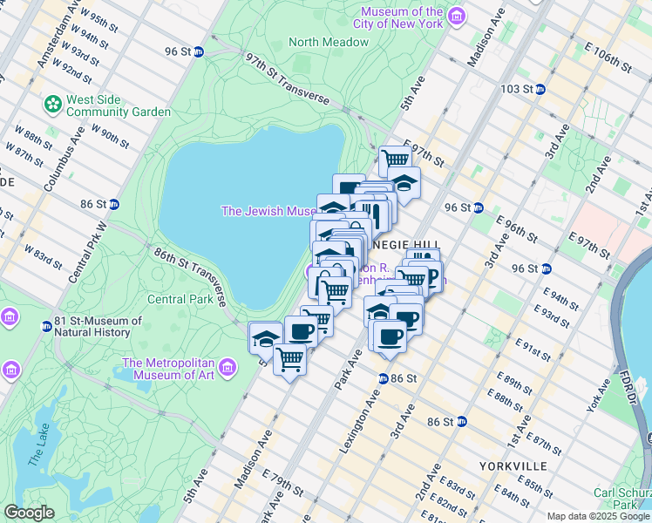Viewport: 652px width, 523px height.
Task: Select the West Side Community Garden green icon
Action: click(x=53, y=104)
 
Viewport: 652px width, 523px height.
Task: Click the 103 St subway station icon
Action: click(x=540, y=89)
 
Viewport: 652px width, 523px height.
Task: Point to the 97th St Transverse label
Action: click(x=287, y=79)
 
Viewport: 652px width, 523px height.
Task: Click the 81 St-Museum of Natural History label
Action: click(x=98, y=326)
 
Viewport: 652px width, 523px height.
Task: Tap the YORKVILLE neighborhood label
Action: click(x=512, y=466)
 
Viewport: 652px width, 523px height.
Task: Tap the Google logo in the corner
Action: click(x=29, y=512)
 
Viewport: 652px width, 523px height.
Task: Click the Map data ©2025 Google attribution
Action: click(x=597, y=516)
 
